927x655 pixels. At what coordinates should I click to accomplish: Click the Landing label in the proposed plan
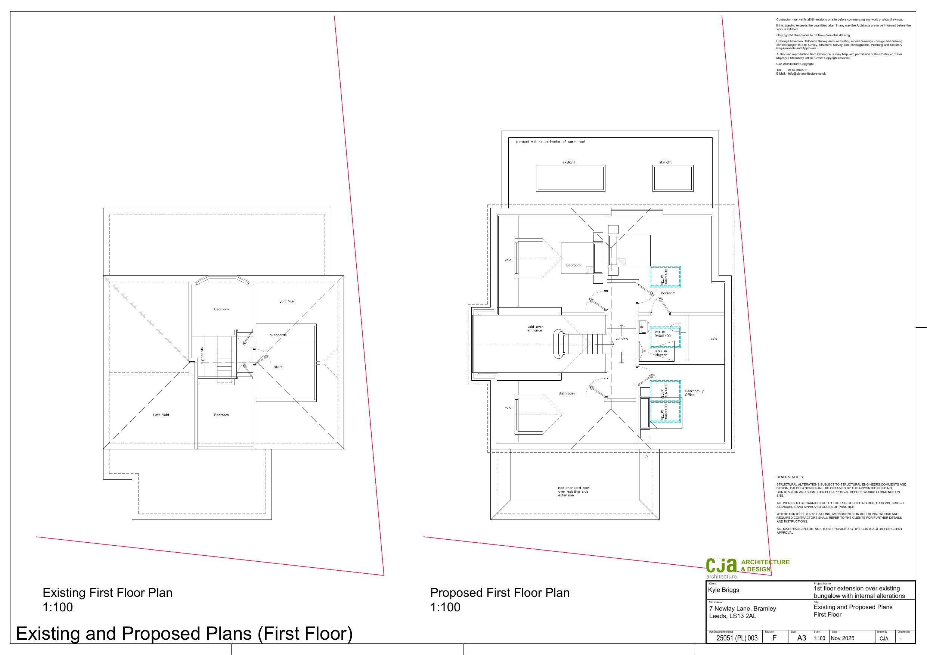point(621,339)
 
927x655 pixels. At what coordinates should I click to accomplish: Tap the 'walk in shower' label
point(661,353)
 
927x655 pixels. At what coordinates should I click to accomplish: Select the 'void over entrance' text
point(535,328)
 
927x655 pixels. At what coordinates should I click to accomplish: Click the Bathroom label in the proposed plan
point(567,393)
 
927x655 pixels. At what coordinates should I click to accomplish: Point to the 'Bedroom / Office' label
point(694,393)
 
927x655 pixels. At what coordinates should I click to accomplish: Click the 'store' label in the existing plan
point(278,367)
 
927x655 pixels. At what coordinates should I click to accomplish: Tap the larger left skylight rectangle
point(570,178)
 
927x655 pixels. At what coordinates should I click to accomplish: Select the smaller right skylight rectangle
point(673,178)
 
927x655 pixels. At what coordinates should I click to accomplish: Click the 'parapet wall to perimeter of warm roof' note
point(550,142)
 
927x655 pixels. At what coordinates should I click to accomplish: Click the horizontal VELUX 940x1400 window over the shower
point(665,337)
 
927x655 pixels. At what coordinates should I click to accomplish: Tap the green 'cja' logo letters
point(721,565)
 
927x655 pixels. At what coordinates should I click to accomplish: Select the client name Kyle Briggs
point(723,590)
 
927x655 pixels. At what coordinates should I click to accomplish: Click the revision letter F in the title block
point(774,638)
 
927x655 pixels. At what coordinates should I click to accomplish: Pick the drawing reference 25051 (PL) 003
point(737,638)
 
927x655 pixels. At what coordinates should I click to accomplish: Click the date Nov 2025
point(842,638)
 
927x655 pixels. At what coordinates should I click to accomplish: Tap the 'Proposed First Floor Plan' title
point(499,592)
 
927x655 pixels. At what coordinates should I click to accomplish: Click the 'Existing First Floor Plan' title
point(108,592)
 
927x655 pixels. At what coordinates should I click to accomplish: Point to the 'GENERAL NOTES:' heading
point(790,477)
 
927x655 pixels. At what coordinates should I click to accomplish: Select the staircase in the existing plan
point(225,363)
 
